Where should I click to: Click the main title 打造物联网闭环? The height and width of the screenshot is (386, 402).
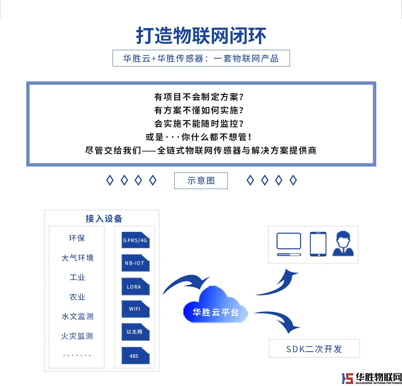pos(201,36)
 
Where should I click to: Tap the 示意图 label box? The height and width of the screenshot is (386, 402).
pos(201,181)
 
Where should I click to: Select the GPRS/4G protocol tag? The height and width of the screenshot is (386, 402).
pos(135,240)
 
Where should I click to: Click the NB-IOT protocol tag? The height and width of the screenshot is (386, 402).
pos(135,263)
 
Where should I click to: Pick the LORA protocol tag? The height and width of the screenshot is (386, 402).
pos(135,287)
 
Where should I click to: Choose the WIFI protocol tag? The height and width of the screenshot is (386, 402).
pos(135,309)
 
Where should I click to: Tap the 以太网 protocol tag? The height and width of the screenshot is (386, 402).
pos(135,332)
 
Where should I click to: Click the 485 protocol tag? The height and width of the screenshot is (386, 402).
pos(135,356)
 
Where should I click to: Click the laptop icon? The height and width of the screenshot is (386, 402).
pos(289,244)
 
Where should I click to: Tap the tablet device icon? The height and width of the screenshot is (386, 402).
pos(318,244)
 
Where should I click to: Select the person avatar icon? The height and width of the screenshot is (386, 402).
pos(343,244)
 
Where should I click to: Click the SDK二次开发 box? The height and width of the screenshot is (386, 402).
pos(314,349)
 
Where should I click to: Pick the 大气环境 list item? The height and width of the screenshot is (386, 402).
pos(77,258)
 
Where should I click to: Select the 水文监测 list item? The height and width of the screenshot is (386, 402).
pos(77,316)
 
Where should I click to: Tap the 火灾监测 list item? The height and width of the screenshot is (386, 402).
pos(77,336)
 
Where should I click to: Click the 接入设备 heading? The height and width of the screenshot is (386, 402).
pos(104,219)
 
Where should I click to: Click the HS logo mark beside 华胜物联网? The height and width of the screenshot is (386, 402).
pos(347,378)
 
